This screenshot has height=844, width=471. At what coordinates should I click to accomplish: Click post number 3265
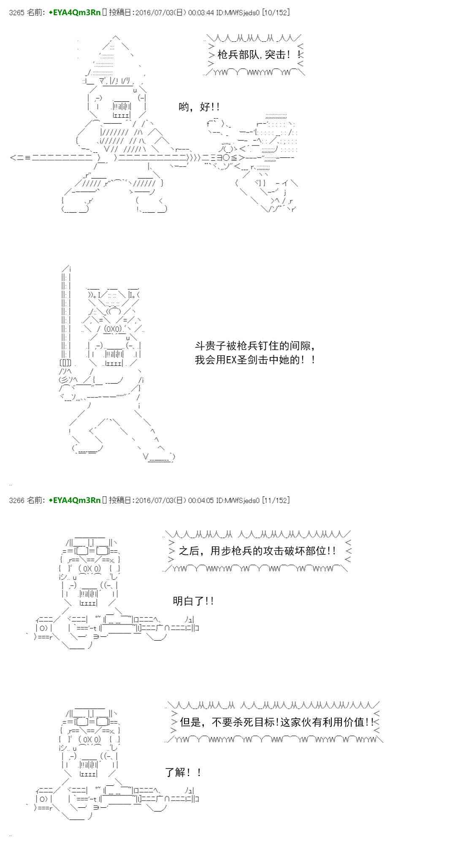coord(16,13)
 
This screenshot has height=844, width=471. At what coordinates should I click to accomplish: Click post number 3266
coord(16,500)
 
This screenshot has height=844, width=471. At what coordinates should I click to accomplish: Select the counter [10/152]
coord(276,13)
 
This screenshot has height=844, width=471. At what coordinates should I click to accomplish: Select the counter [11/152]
coord(276,500)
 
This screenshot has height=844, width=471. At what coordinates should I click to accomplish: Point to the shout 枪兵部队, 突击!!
coord(260,54)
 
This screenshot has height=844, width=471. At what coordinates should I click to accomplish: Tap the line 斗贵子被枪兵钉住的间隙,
coord(255,346)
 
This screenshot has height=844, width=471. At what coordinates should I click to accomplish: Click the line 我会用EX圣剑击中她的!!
coord(255,360)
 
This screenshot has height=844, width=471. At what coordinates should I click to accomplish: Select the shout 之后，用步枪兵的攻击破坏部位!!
coord(257,551)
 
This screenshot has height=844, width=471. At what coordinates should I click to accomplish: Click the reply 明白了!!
coord(193,601)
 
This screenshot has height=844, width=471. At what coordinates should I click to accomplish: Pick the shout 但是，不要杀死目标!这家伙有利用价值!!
coord(276,722)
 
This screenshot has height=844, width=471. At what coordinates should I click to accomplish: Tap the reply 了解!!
coord(183,773)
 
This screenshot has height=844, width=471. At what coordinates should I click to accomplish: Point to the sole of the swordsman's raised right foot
coord(161,460)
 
